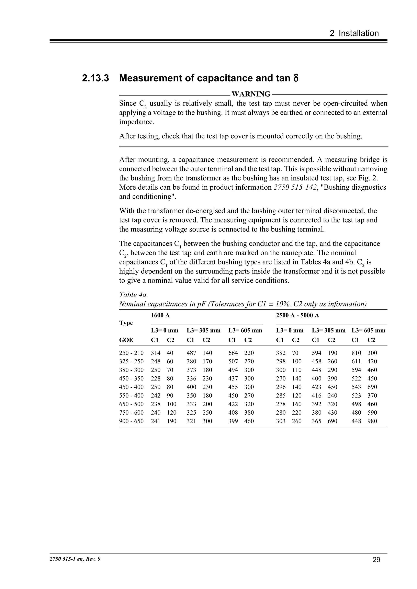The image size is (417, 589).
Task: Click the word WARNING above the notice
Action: (x=251, y=94)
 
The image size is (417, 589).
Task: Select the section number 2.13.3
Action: (x=95, y=78)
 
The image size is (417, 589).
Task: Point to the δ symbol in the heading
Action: (x=295, y=78)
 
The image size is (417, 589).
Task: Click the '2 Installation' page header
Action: (x=354, y=33)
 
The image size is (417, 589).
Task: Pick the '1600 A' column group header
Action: (x=160, y=315)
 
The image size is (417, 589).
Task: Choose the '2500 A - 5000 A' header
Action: (x=297, y=315)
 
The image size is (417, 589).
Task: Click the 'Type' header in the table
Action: (x=126, y=323)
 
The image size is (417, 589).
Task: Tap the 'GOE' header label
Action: (x=126, y=340)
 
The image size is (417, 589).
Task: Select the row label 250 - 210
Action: (x=131, y=353)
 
